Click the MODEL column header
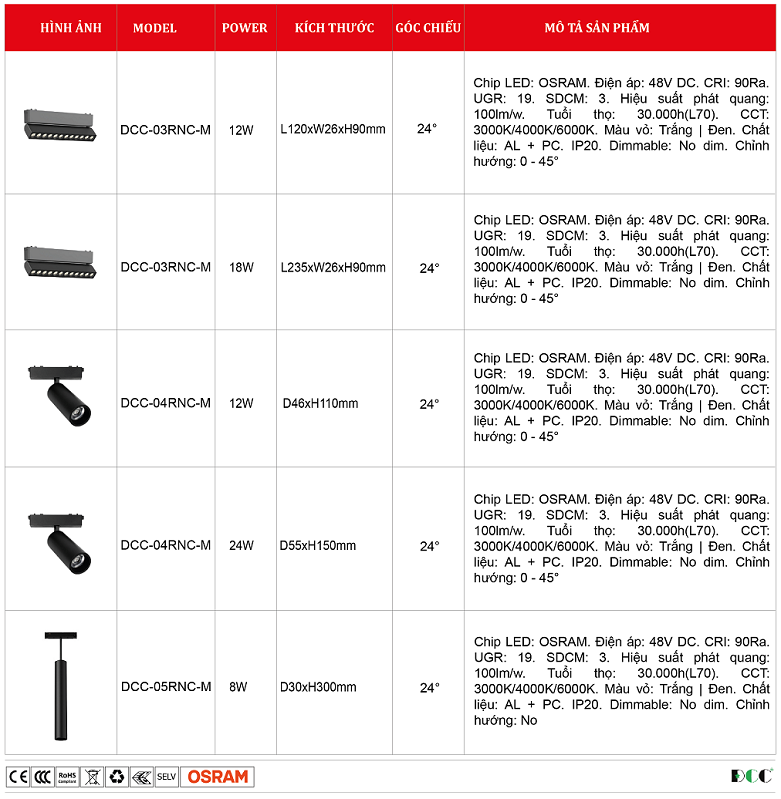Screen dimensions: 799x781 coord(155,28)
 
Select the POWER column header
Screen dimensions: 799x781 coord(244,28)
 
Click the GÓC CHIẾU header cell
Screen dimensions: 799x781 coord(428,28)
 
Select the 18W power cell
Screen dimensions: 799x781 coord(241,268)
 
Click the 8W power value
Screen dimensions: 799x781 coord(238,687)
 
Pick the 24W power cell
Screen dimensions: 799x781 coord(241,546)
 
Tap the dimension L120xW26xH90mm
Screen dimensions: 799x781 coord(333,130)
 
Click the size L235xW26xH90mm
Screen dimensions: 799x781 coord(333,268)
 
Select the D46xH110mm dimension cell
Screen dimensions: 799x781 coord(320,404)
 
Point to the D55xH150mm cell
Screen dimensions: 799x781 coord(318,546)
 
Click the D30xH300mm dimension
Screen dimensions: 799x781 coord(318,687)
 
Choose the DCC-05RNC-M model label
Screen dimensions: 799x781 coord(166,687)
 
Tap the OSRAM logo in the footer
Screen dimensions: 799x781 coord(217,777)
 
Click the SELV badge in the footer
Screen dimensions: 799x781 coord(166,777)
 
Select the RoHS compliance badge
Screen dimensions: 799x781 coord(67,777)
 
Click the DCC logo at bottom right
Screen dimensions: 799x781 coord(752,777)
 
